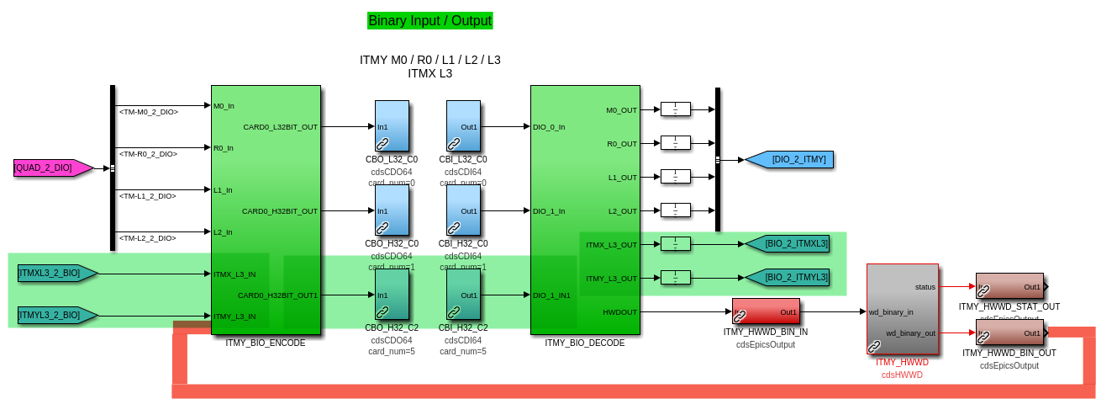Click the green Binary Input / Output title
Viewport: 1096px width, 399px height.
429,21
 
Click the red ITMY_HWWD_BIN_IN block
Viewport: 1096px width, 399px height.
766,311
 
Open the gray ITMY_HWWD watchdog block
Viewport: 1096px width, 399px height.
903,309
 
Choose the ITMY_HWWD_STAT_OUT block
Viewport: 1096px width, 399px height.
1009,286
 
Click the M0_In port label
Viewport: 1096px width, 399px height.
224,106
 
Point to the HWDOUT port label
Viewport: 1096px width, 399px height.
619,312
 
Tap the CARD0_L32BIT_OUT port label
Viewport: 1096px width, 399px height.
280,127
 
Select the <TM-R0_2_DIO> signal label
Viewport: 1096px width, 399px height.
148,154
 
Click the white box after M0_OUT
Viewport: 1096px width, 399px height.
676,109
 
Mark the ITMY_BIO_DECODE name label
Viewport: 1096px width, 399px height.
585,343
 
